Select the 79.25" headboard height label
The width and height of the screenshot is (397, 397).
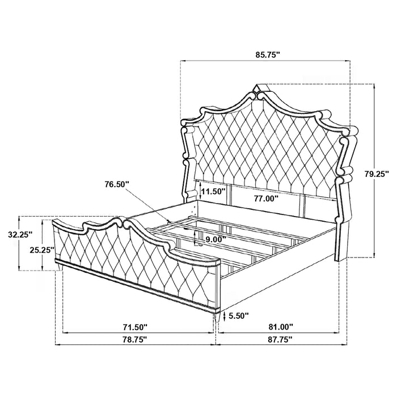tap(376, 175)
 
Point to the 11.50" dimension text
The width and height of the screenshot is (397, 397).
tap(212, 192)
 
